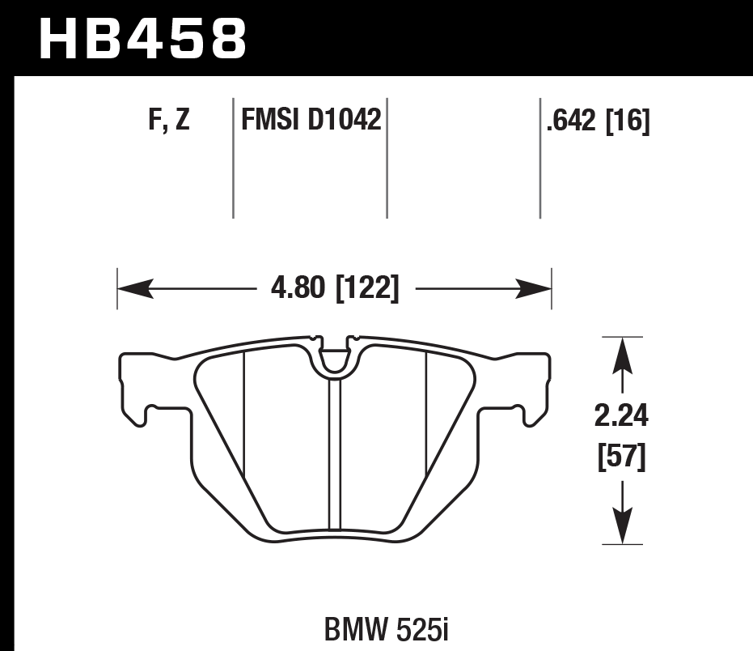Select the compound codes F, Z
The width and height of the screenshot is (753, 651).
pos(169,121)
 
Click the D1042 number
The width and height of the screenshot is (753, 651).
pos(344,121)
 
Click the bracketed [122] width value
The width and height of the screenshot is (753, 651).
pos(366,289)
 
